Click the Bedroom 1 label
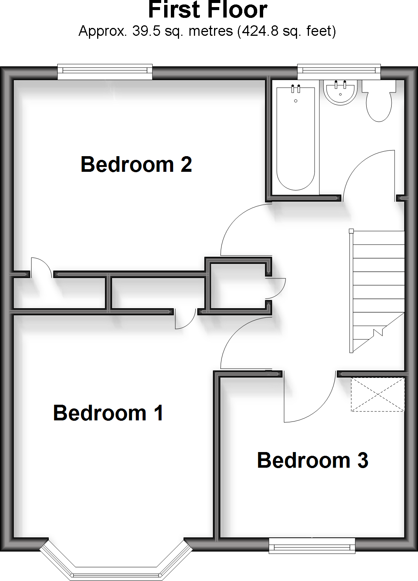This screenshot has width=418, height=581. coord(108,413)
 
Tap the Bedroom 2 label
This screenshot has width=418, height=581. coord(136,164)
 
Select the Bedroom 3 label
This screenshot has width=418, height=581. coord(312,460)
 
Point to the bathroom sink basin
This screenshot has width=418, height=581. coord(340,93)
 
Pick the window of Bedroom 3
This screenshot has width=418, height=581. coord(312,546)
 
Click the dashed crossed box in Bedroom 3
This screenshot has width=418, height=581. coord(377,394)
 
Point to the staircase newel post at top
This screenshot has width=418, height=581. coord(351,231)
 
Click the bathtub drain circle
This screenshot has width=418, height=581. coord(296,101)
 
